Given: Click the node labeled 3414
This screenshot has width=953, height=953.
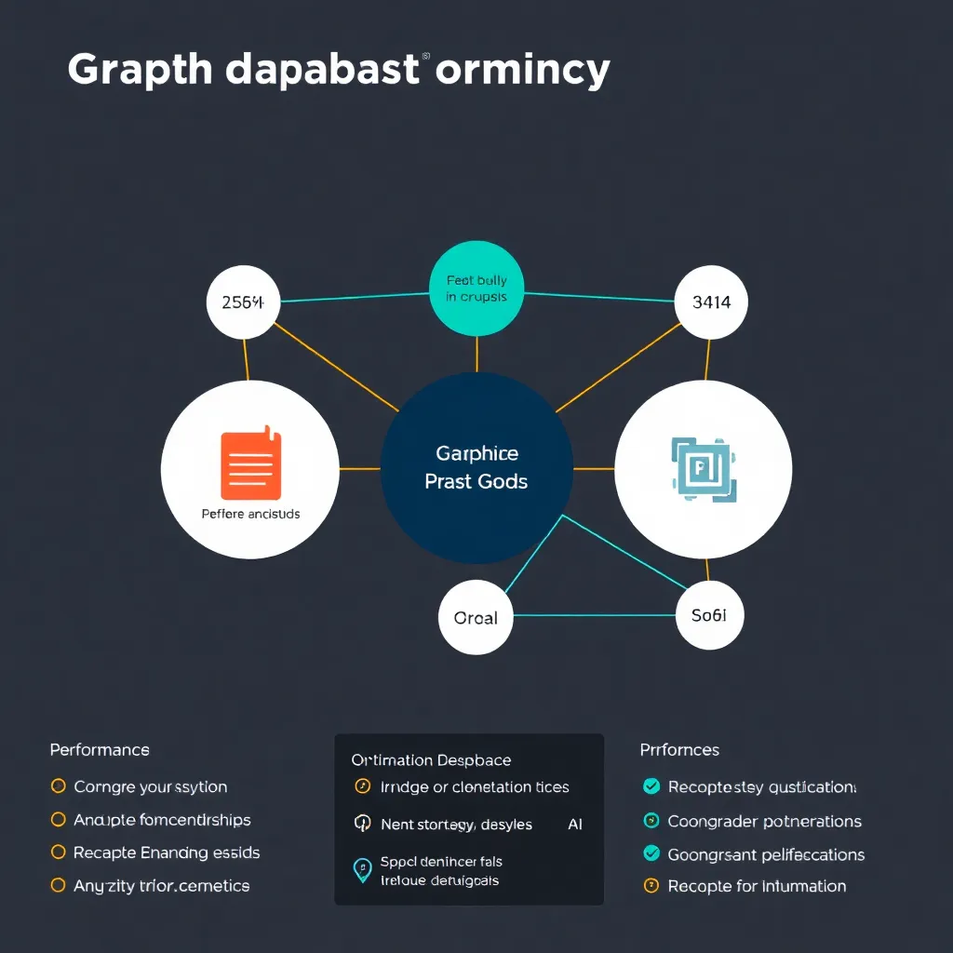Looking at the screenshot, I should tap(711, 302).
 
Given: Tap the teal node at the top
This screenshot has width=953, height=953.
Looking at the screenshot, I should tap(476, 288).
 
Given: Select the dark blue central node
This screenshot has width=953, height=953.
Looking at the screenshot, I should tap(476, 468).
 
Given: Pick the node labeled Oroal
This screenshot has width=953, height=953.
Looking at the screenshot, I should tap(476, 617).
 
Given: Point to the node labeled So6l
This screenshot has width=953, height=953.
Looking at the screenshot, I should tap(709, 614).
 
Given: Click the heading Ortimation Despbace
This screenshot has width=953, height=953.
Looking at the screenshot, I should tap(431, 760).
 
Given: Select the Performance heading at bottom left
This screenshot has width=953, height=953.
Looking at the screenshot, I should tap(100, 749).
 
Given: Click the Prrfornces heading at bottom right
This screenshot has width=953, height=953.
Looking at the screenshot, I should tap(679, 749).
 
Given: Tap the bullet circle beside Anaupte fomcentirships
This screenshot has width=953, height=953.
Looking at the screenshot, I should tap(58, 820).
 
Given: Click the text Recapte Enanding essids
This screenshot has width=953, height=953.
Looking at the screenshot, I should tap(167, 852).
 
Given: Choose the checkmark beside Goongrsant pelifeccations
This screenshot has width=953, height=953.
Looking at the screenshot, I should tap(651, 853).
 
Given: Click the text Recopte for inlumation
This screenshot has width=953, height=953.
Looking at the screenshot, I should tap(757, 886).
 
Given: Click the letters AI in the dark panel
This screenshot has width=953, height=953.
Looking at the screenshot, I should tap(576, 824).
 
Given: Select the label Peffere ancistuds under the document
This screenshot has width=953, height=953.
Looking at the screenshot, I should tap(250, 514).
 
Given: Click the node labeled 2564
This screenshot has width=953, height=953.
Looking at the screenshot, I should tap(243, 302).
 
